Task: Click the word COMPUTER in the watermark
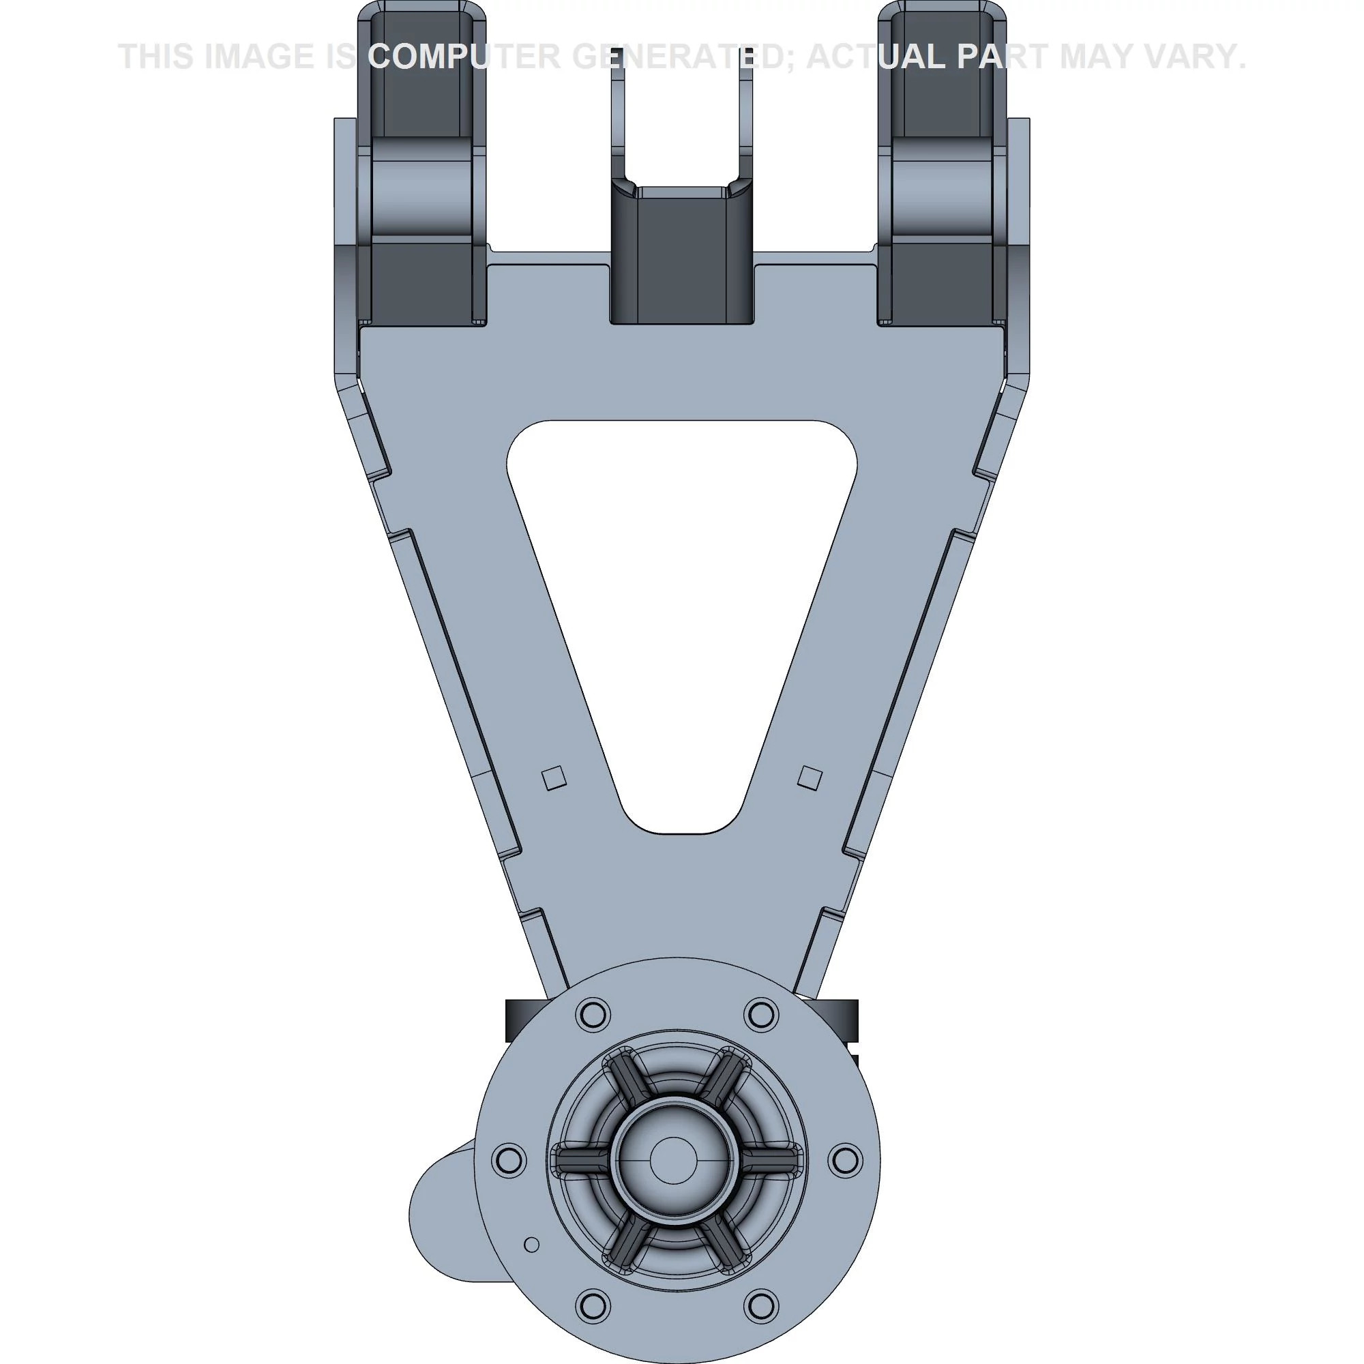point(464,57)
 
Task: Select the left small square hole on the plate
point(554,777)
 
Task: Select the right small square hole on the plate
point(810,778)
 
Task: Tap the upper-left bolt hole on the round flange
point(593,1015)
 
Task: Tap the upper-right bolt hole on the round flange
point(760,1015)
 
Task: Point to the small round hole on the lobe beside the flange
point(533,1245)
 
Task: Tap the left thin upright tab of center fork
point(618,113)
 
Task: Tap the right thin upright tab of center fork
point(745,113)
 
